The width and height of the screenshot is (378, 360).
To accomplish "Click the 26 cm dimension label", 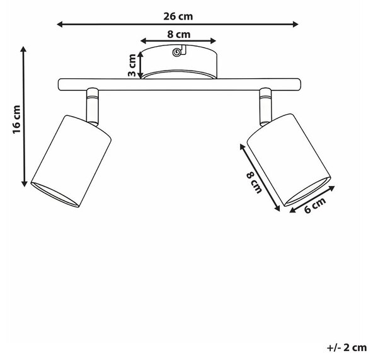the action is click(178, 16).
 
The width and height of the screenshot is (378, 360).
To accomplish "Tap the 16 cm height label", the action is click(17, 119).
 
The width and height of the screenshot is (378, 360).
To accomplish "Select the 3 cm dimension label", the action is click(132, 65).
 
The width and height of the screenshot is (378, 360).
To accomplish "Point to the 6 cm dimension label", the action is click(315, 205).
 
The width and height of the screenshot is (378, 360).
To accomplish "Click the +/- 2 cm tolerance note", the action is click(346, 347).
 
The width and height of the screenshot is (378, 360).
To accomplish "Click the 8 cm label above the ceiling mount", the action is click(179, 34).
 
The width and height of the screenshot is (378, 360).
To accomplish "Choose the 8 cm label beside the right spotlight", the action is click(254, 182).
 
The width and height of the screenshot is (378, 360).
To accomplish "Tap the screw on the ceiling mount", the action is click(176, 52).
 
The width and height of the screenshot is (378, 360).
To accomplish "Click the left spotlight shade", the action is click(71, 161).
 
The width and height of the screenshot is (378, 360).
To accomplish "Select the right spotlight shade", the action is click(289, 160).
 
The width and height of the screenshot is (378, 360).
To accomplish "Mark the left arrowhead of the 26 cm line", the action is click(60, 24).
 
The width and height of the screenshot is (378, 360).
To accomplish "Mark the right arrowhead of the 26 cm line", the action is click(295, 24).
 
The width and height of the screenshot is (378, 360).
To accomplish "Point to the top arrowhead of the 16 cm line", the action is click(23, 49).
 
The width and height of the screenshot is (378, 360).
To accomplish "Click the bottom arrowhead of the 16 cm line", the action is click(24, 183).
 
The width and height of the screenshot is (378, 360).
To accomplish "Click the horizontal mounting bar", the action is click(180, 84).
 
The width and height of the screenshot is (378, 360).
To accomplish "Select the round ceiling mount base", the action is click(179, 62).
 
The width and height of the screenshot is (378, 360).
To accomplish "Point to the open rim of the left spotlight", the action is click(55, 195).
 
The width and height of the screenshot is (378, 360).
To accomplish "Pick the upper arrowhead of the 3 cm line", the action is click(140, 55).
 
